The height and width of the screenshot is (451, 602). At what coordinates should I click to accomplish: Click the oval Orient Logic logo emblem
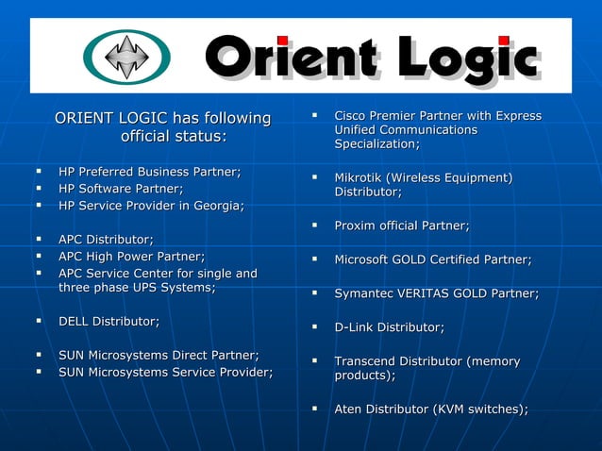click(x=126, y=57)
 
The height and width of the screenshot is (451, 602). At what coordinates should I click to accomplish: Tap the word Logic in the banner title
click(x=468, y=58)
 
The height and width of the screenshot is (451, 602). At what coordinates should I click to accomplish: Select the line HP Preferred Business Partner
click(x=150, y=172)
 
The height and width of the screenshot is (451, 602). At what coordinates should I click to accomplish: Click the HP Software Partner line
click(x=121, y=189)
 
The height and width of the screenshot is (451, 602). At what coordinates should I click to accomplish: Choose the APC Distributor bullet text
click(x=106, y=240)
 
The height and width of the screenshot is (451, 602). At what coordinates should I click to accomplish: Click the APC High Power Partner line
click(x=131, y=257)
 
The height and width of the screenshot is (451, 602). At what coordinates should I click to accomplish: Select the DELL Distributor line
click(x=109, y=322)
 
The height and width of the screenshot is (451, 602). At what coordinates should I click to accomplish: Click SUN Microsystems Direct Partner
click(x=159, y=356)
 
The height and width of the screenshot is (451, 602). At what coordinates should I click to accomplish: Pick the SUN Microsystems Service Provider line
click(x=166, y=373)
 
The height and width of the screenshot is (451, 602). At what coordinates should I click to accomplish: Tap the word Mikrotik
click(x=360, y=177)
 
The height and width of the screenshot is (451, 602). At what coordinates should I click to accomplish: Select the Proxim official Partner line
click(x=402, y=225)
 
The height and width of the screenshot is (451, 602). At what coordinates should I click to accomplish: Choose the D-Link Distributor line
click(x=389, y=327)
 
